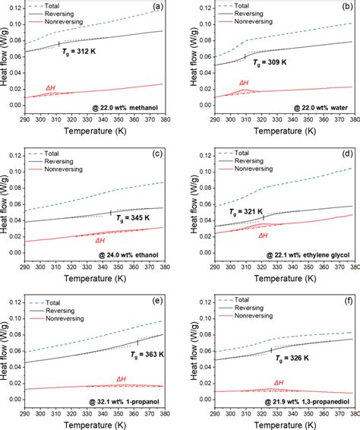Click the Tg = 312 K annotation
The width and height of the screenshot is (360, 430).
pyautogui.click(x=88, y=54)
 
